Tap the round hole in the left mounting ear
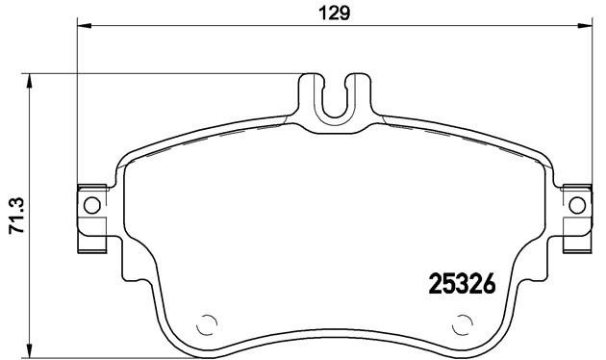pyautogui.click(x=91, y=204)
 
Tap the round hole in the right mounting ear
pyautogui.click(x=576, y=204)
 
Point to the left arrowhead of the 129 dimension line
pyautogui.click(x=82, y=26)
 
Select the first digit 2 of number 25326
pyautogui.click(x=434, y=285)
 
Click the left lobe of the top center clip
pyautogui.click(x=310, y=96)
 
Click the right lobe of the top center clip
pyautogui.click(x=358, y=96)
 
